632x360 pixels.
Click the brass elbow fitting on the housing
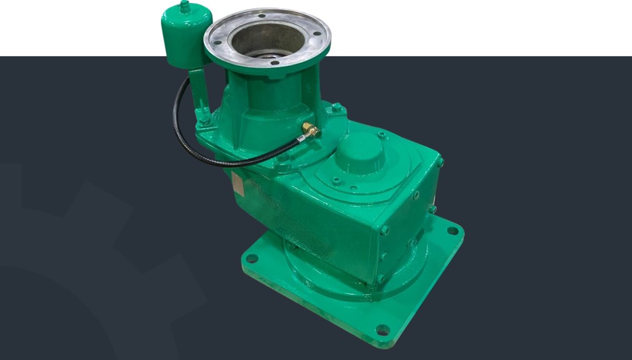coord(309,130)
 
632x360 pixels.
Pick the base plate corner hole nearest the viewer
coord(382,330)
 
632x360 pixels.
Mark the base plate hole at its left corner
coord(252,258)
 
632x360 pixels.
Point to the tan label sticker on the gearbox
coord(238,184)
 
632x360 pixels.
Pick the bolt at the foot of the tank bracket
coord(203,123)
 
